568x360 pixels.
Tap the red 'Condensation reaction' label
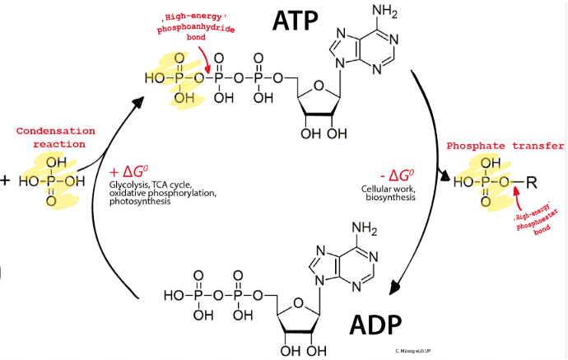[x=56, y=137]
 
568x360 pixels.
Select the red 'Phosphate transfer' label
[x=505, y=146]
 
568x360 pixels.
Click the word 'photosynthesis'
[x=139, y=201]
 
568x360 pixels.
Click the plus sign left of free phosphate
[x=5, y=180]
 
